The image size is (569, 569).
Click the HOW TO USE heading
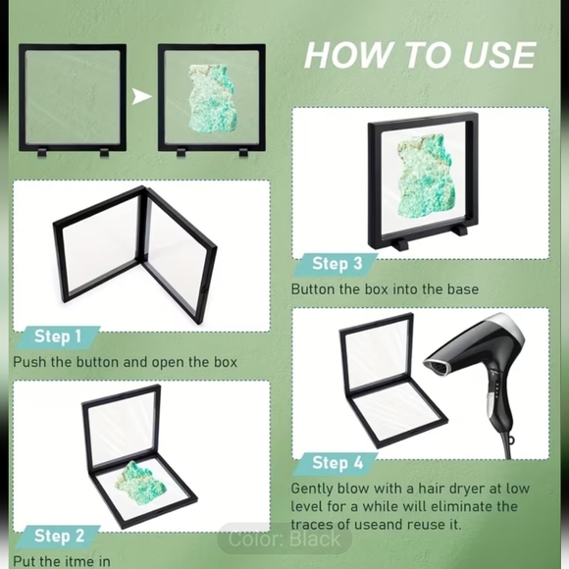[419, 54]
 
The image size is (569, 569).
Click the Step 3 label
[337, 263]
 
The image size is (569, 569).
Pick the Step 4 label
[337, 462]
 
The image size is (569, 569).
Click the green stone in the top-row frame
[208, 97]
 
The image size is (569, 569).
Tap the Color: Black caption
[284, 539]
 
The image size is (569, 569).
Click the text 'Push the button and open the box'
[125, 362]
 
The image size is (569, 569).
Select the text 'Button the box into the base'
[385, 288]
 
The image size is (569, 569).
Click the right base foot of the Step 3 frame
[458, 236]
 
